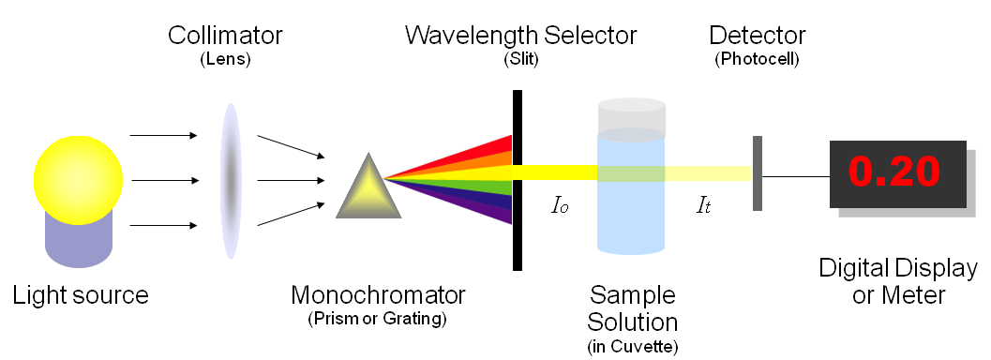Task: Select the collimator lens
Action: coord(230,181)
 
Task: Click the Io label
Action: coord(560,203)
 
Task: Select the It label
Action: coord(702,203)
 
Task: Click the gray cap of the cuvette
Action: coord(631,116)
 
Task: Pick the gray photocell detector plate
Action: coord(757,173)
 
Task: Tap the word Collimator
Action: coord(225,37)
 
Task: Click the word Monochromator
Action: coord(378,295)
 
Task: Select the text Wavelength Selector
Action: coord(520,36)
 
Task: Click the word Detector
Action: coord(757,36)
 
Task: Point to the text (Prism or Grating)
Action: coord(378,319)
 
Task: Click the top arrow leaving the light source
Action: coord(163,136)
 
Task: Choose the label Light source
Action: coord(81,295)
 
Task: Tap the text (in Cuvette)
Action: coord(633,347)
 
